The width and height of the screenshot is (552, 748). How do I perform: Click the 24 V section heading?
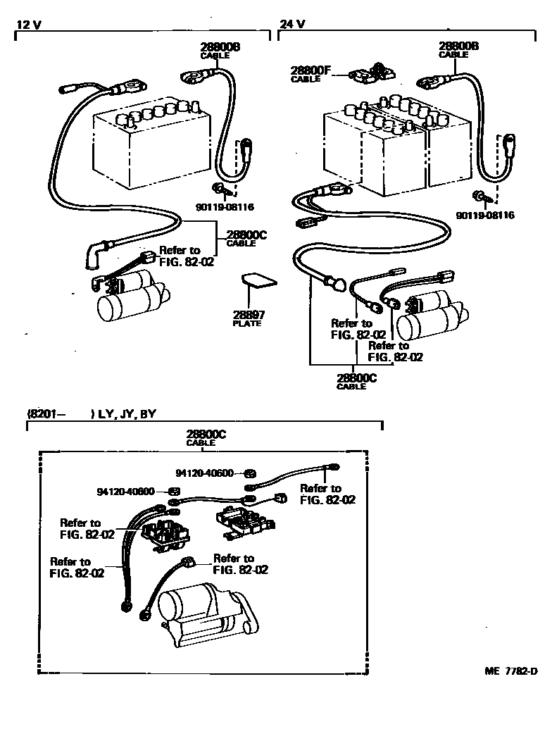click(x=292, y=23)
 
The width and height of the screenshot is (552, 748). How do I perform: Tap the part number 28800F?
click(x=310, y=70)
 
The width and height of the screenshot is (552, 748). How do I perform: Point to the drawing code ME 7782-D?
click(x=510, y=671)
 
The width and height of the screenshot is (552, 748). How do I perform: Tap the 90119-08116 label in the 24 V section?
click(x=485, y=215)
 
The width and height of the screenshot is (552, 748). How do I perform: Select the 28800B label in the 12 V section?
click(x=220, y=46)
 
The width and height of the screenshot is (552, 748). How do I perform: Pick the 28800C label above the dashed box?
click(x=206, y=435)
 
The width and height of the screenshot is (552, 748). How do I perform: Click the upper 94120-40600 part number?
click(x=204, y=473)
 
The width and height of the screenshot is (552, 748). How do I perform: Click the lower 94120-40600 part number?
click(x=127, y=491)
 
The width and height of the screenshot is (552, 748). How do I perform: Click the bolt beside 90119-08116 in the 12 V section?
click(x=219, y=188)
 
